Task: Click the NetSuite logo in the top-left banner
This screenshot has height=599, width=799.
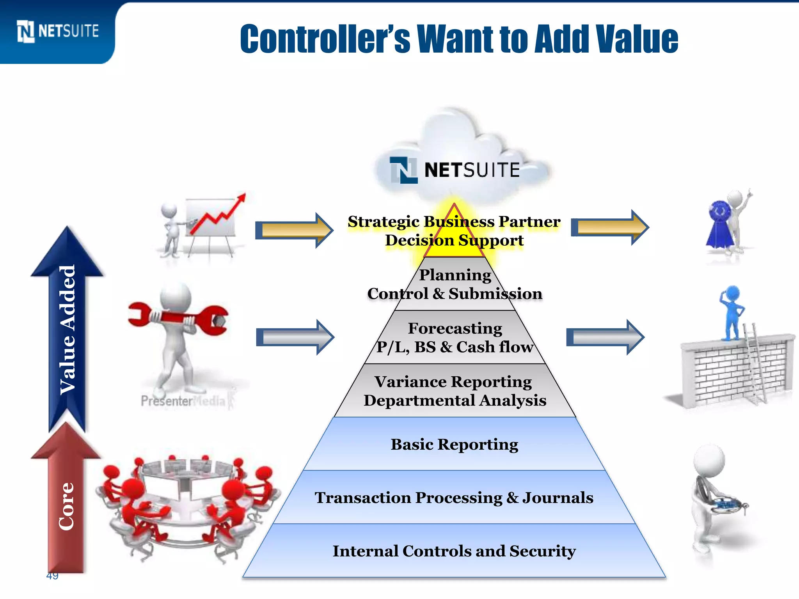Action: [58, 31]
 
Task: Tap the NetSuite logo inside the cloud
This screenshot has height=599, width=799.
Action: [455, 170]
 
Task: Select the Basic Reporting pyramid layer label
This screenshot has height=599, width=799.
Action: [455, 444]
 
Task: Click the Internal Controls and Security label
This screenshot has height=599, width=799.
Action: [454, 551]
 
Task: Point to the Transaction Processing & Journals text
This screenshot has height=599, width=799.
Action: [454, 498]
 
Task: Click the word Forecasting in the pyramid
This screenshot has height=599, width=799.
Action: [455, 328]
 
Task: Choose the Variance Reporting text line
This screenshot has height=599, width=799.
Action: [453, 382]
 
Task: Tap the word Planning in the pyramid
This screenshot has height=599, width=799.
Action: [455, 275]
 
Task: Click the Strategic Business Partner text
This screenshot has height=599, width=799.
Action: [454, 222]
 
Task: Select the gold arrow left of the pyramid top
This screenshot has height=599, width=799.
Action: [295, 230]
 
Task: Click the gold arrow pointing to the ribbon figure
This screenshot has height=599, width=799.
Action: [610, 227]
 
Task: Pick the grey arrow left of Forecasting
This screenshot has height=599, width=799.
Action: [295, 337]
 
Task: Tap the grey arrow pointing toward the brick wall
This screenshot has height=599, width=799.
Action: [605, 337]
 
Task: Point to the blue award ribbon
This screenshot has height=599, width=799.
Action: [720, 224]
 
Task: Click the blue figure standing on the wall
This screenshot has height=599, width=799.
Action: [732, 312]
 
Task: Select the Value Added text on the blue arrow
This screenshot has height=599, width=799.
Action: [67, 330]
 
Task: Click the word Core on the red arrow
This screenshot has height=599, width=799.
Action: [66, 506]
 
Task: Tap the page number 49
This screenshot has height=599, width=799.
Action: [52, 576]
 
